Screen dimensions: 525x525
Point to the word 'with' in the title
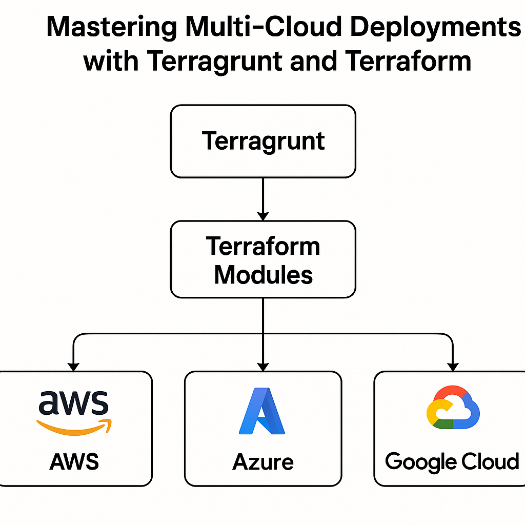click(111, 62)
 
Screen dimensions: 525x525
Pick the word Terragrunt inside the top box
click(263, 141)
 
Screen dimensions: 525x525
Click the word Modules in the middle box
click(263, 275)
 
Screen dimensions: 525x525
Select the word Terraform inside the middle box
click(263, 247)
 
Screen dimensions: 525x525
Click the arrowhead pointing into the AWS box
click(74, 366)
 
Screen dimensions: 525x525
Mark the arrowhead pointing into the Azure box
click(263, 366)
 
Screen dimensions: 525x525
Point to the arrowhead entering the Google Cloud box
click(452, 366)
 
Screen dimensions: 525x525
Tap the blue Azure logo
click(262, 411)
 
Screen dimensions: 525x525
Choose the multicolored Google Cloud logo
click(452, 407)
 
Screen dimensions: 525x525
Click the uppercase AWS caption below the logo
click(74, 462)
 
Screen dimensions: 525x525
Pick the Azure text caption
click(263, 462)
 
